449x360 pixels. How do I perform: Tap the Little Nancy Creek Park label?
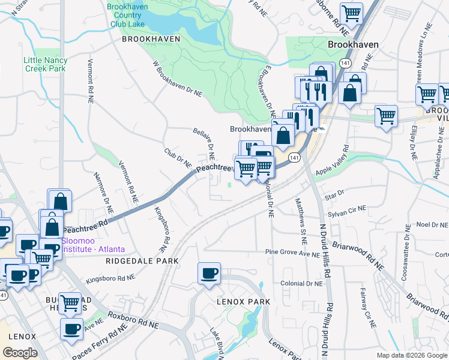pos(45,64)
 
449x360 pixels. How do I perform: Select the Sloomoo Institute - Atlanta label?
pos(93,245)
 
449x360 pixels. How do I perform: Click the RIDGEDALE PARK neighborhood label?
pos(142,261)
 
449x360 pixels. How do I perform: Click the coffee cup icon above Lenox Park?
pos(209,274)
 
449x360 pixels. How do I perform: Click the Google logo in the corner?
pos(20,353)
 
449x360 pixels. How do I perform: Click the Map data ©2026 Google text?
pos(412,355)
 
